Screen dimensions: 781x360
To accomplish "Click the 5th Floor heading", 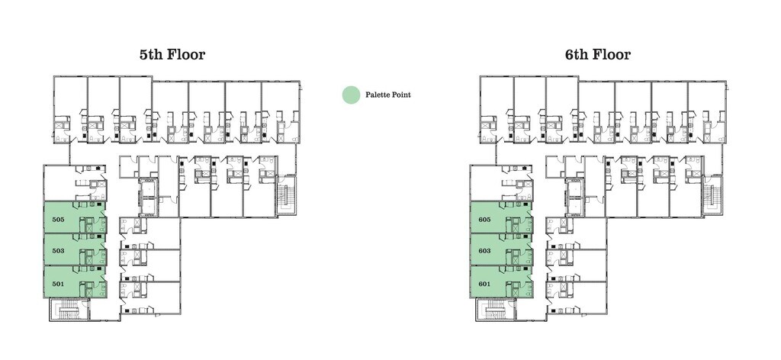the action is pos(172,55).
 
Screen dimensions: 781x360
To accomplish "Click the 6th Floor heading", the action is pos(598,55).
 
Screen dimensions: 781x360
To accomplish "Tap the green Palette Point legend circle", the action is pos(350,95).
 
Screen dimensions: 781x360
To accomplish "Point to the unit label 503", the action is pos(58,250).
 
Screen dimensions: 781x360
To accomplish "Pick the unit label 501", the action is pos(58,284).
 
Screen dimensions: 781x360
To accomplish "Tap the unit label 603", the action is pos(484,250).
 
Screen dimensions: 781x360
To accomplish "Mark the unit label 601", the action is pos(484,284).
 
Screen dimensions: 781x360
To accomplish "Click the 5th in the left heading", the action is pos(150,55).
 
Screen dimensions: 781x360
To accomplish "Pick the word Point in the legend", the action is pos(402,95).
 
